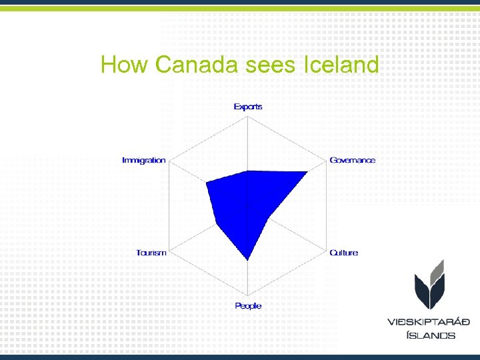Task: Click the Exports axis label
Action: click(248, 107)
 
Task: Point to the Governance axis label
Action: click(353, 161)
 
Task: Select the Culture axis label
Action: click(344, 253)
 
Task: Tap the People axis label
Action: click(248, 306)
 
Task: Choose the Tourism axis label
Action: click(151, 253)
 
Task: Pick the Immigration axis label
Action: click(143, 161)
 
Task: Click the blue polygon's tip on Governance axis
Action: click(307, 173)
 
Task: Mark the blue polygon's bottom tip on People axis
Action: click(248, 259)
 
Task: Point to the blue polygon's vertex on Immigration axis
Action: click(207, 182)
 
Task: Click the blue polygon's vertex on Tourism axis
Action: click(217, 224)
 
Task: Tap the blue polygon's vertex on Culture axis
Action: click(267, 218)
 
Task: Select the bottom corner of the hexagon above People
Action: click(248, 296)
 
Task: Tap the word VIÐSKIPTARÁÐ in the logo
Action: click(429, 322)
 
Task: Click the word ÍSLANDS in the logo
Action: click(431, 335)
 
